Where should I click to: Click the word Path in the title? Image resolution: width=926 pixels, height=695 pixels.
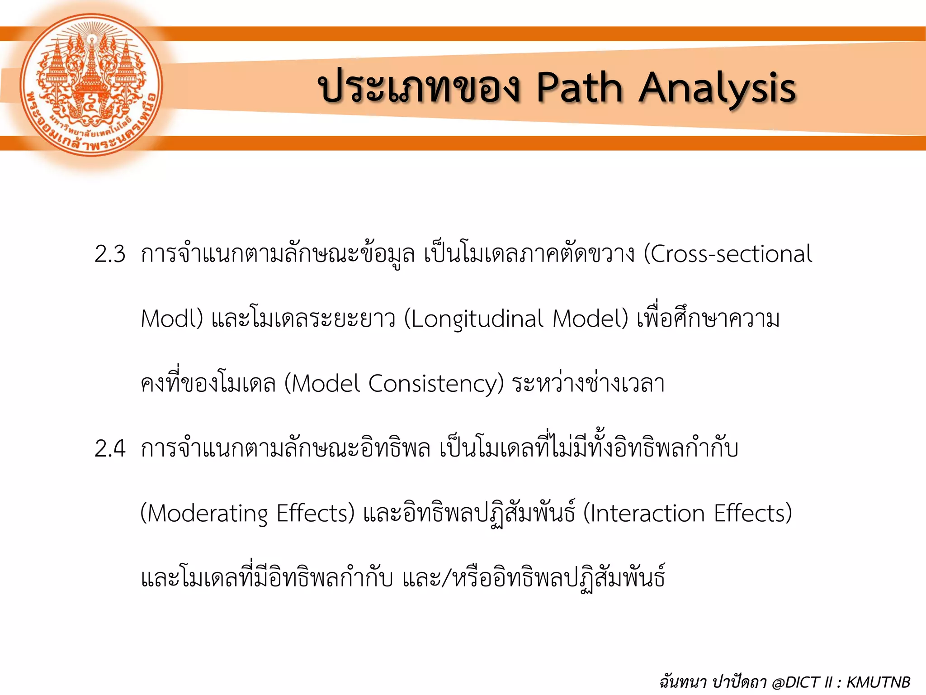[580, 88]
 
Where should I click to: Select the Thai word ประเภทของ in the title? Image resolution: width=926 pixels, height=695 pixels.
[420, 88]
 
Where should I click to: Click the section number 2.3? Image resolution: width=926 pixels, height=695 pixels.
[110, 254]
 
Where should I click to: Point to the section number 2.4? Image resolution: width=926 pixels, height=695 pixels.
[110, 449]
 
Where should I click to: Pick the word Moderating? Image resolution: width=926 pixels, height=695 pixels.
[208, 514]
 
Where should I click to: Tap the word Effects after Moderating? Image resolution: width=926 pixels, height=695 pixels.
[315, 514]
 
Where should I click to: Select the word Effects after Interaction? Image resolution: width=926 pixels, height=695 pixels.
[752, 514]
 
